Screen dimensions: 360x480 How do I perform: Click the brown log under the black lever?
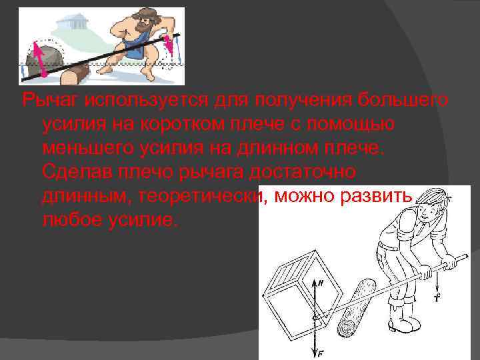[x=75, y=75]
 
